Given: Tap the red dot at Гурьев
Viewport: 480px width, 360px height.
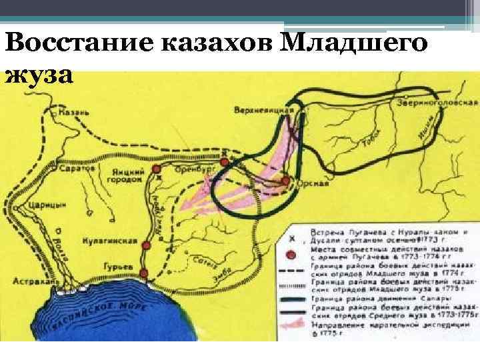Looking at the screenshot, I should pos(143,272).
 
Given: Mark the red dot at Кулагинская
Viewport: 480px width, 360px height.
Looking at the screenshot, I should pos(147,245).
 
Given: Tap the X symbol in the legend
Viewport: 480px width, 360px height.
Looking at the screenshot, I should pos(291,237).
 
